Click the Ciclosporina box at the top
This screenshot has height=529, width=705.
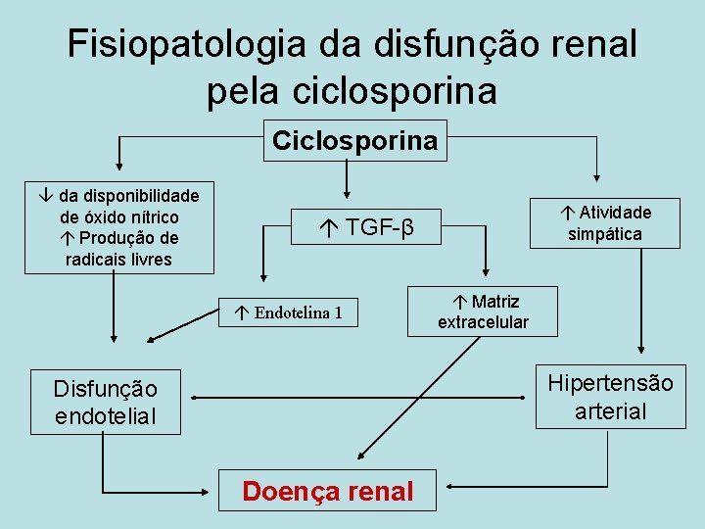point(353,140)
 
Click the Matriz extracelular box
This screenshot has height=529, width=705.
point(484,312)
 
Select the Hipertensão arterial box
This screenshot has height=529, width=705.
point(610,397)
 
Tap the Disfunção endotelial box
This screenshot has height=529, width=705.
point(105,403)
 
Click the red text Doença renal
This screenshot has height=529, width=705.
point(328,491)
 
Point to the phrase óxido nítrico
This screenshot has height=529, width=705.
point(119,217)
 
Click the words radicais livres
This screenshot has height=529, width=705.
point(118,260)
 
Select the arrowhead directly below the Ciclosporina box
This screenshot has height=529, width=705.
point(346,191)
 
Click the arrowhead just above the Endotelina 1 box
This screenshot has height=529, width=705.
point(261,277)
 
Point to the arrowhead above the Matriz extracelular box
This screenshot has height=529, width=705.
point(487,277)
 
